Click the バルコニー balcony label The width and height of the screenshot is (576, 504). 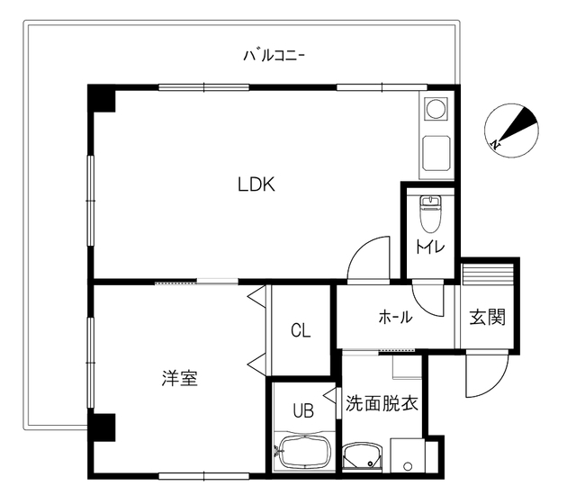274,56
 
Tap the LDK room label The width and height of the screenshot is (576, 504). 256,184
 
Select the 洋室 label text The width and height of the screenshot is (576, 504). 180,378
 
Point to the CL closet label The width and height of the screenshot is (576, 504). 301,330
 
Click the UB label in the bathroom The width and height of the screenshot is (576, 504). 303,410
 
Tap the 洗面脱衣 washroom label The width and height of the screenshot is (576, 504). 382,403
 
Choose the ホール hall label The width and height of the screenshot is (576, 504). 396,317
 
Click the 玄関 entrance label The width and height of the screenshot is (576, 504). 488,317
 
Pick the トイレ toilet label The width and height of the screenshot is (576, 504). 430,247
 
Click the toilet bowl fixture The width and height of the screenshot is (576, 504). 430,214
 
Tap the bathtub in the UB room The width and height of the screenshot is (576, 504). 305,452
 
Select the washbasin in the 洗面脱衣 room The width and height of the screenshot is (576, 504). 363,456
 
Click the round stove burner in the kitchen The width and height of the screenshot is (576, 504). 436,109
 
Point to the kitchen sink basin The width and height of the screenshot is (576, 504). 436,153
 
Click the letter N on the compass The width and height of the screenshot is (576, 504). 496,144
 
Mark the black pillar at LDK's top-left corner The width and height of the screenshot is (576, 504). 101,98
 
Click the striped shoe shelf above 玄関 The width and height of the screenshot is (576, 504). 487,274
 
